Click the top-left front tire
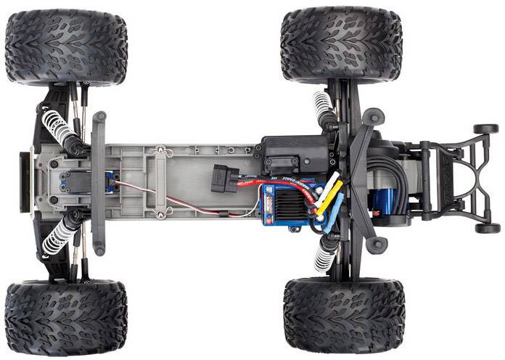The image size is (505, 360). (66, 47)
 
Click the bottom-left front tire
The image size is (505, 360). (66, 317)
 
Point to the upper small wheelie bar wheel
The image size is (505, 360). (486, 129)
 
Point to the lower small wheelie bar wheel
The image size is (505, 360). (487, 228)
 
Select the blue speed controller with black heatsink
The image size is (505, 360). (290, 207)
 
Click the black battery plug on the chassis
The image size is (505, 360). (225, 179)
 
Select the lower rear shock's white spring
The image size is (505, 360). (324, 255)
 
